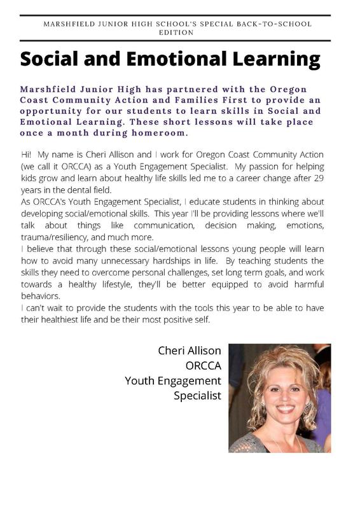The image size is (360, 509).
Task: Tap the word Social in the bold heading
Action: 58,60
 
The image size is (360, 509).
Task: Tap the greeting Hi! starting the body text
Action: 27,155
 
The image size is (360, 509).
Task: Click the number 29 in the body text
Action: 316,178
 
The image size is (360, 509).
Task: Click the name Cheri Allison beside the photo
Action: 190,351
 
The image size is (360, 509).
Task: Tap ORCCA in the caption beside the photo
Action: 203,365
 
